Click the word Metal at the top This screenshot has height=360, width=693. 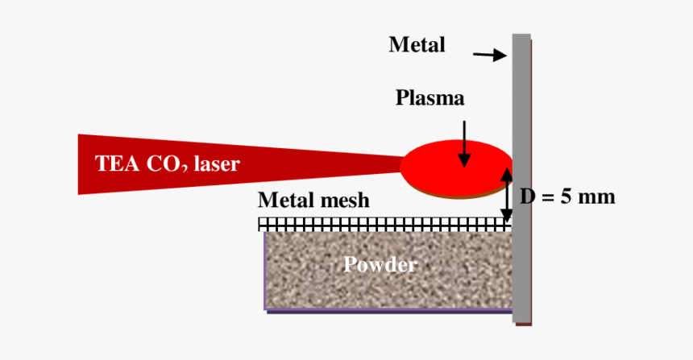pyautogui.click(x=417, y=45)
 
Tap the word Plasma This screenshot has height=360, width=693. pyautogui.click(x=430, y=98)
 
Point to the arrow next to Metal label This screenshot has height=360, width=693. pyautogui.click(x=488, y=55)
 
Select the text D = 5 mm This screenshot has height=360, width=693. pyautogui.click(x=566, y=197)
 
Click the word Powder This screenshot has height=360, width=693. pyautogui.click(x=380, y=264)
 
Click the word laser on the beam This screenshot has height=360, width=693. pyautogui.click(x=217, y=164)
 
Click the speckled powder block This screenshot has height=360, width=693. pyautogui.click(x=322, y=282)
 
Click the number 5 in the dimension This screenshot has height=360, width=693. pyautogui.click(x=566, y=197)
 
